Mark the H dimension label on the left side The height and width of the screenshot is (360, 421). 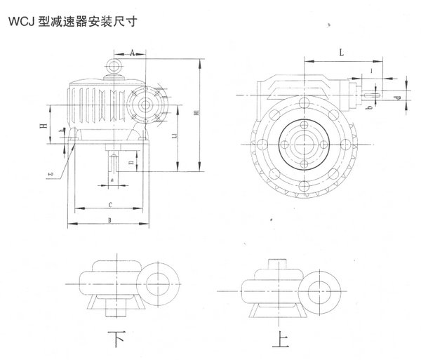click(44, 126)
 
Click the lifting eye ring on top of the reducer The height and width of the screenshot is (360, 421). click(112, 67)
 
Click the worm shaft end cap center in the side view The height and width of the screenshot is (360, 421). click(146, 105)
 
